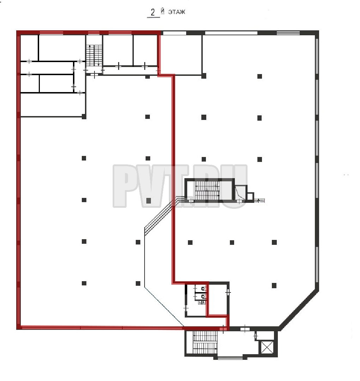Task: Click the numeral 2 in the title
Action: pyautogui.click(x=153, y=12)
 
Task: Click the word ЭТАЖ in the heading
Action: pyautogui.click(x=177, y=12)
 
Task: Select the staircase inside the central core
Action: pyautogui.click(x=207, y=190)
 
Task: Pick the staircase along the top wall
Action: pyautogui.click(x=94, y=55)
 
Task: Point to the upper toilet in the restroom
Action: pyautogui.click(x=203, y=289)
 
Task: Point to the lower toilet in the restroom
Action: pyautogui.click(x=203, y=296)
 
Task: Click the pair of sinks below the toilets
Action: pyautogui.click(x=202, y=302)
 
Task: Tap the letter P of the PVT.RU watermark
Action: pyautogui.click(x=124, y=186)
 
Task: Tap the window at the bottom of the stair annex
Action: pyautogui.click(x=230, y=358)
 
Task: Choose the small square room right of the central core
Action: pyautogui.click(x=250, y=196)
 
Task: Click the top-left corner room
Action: pyautogui.click(x=29, y=48)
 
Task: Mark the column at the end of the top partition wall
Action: pyautogui.click(x=204, y=76)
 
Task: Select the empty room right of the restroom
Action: pyautogui.click(x=218, y=299)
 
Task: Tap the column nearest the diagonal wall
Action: pyautogui.click(x=274, y=285)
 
